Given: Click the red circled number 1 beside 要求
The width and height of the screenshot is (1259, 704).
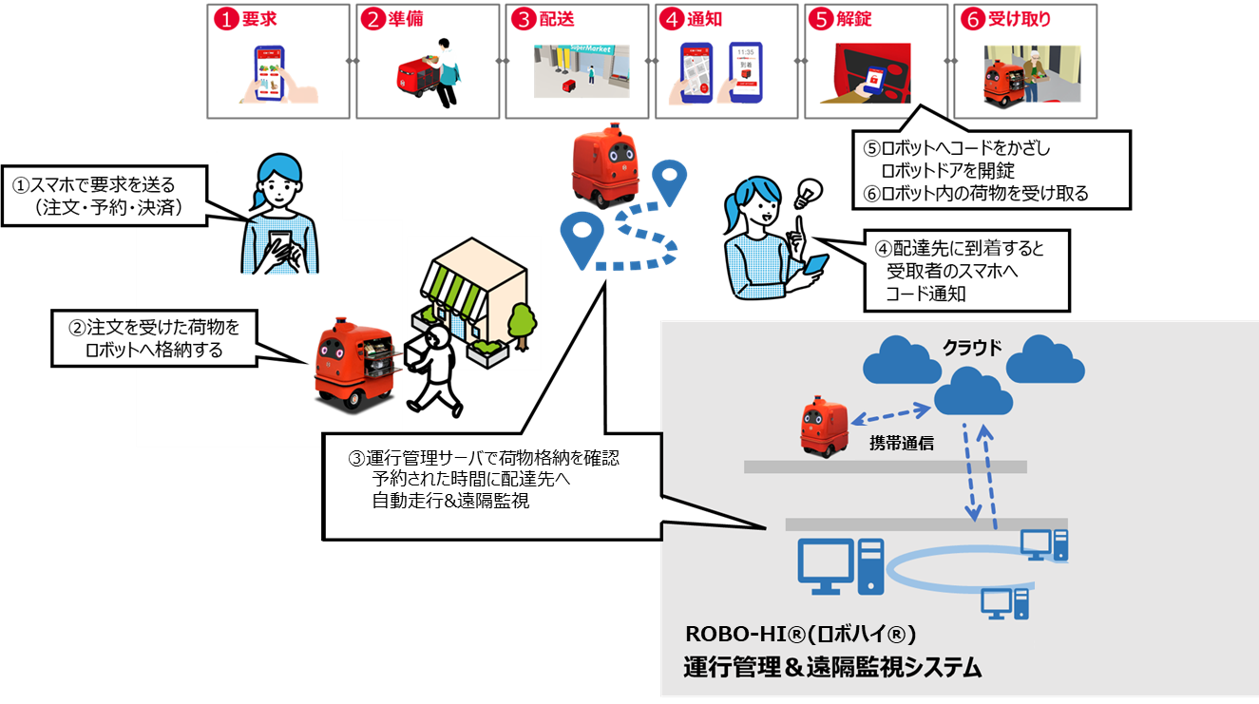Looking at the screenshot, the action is point(226,20).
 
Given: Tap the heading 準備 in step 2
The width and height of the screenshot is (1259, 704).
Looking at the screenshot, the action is point(406,19).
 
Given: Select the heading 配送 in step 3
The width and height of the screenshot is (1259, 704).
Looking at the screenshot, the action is point(557,19).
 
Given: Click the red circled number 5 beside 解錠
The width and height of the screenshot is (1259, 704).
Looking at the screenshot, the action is point(821,20).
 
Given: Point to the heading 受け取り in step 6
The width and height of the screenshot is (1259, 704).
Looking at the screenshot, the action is point(1019,19).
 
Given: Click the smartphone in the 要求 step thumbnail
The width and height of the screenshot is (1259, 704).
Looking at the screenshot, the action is point(270,73).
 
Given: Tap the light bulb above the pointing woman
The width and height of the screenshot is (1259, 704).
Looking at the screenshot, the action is point(808,193).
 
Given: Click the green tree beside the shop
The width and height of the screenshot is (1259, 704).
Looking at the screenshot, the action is point(523,326).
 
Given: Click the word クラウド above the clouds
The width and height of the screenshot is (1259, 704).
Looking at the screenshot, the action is point(972,349).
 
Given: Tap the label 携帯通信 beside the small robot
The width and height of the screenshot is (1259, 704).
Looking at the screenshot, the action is point(902,444).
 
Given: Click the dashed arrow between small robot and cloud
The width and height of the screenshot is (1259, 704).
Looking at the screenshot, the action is point(891,414).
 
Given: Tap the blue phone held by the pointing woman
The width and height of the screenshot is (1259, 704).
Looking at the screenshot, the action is point(815,265).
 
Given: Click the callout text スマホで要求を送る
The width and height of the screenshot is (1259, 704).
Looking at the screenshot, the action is point(103,185).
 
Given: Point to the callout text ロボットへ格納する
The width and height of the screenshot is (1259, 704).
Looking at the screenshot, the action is point(154,350).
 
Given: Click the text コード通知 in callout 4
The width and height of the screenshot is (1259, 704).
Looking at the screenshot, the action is point(925,294).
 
